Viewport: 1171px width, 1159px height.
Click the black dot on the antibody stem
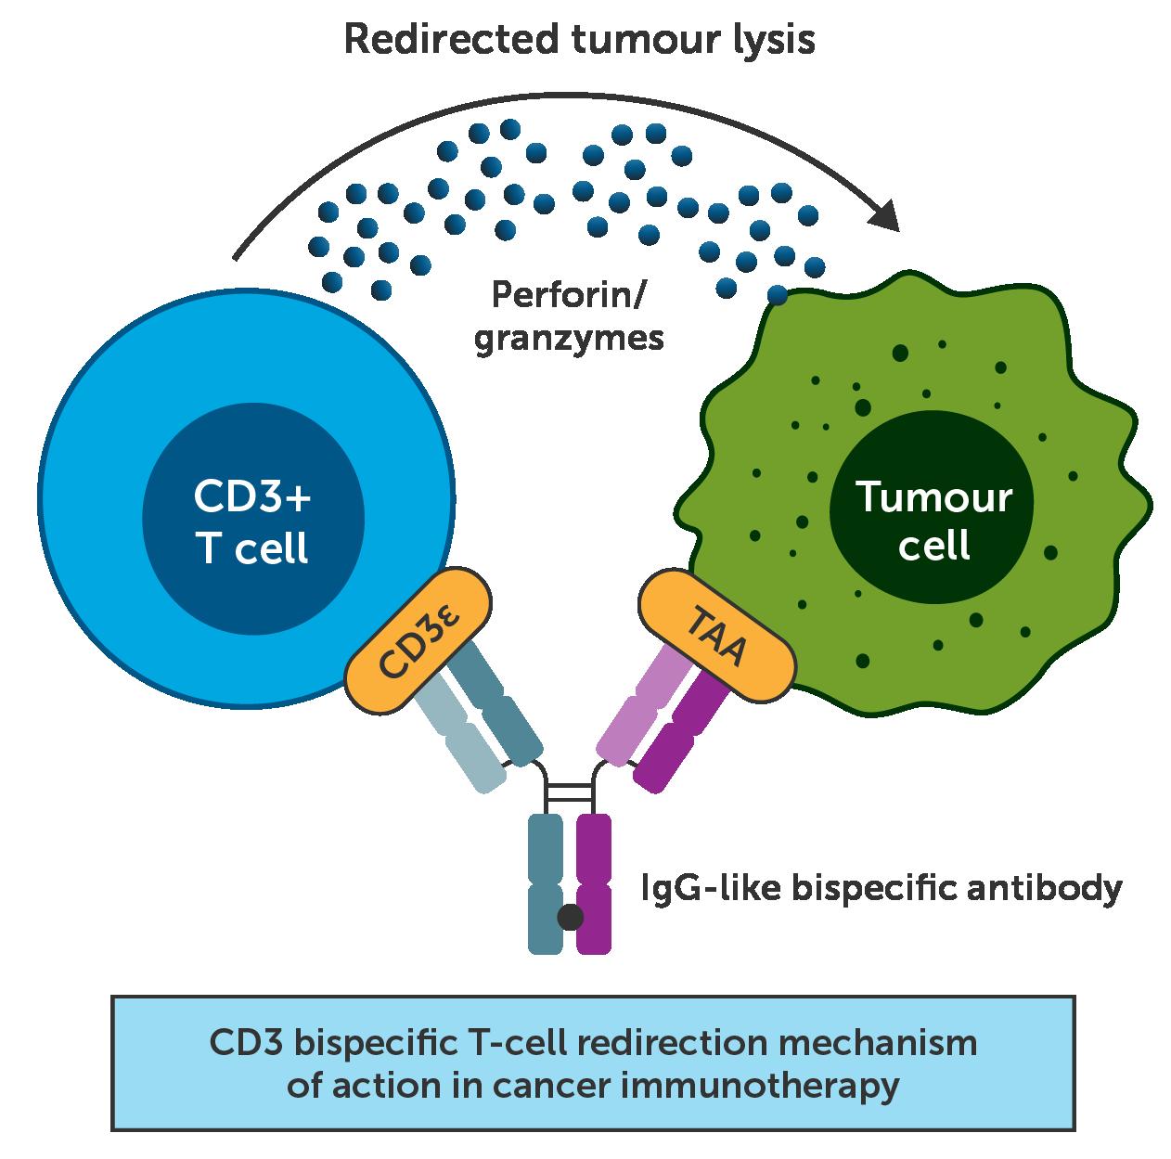point(570,918)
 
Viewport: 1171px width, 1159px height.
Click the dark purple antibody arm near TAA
point(683,732)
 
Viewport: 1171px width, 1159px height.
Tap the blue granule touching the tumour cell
point(778,296)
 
